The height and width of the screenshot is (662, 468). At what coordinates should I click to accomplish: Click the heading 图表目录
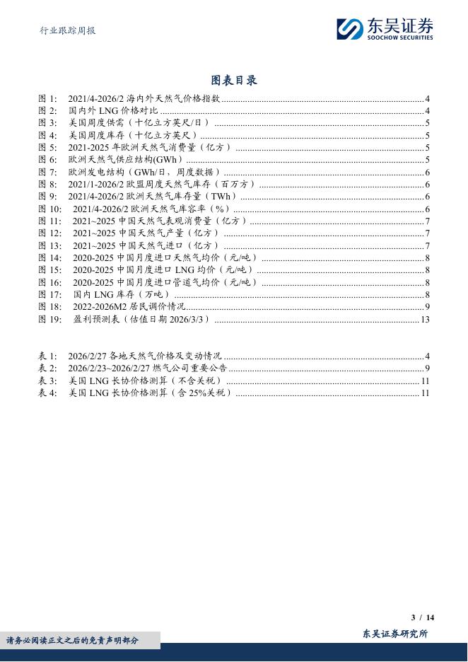coord(234,80)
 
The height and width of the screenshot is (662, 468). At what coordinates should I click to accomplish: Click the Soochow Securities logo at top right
coord(385,29)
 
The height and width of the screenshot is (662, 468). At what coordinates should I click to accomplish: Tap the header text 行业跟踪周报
coord(66,30)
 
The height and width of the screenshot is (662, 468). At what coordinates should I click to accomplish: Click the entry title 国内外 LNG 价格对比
coord(114,111)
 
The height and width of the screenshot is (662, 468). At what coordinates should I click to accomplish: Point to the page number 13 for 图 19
coord(425,319)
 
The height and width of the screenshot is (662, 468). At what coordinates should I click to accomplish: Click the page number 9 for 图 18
coord(427,306)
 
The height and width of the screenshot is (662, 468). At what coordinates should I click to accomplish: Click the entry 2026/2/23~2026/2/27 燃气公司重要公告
coord(148,368)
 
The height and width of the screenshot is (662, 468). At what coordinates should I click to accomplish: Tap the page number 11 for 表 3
coord(425,381)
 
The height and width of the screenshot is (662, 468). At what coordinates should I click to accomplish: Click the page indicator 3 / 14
coord(422,617)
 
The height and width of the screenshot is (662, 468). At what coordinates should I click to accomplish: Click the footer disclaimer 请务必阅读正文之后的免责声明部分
coord(73,641)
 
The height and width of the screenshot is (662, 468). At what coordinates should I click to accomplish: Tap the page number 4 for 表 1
coord(427,356)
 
